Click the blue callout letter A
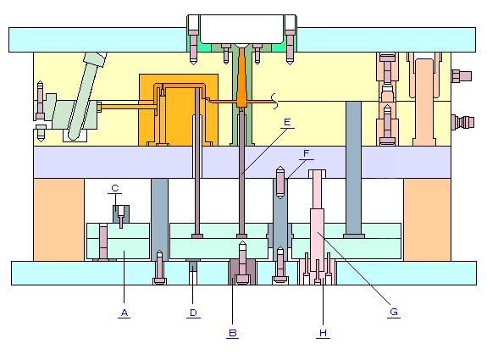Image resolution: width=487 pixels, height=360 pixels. pyautogui.click(x=125, y=313)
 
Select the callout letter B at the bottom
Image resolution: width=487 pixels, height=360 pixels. pyautogui.click(x=233, y=333)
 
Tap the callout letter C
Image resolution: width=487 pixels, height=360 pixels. pyautogui.click(x=115, y=188)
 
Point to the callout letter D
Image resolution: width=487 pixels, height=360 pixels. pyautogui.click(x=193, y=313)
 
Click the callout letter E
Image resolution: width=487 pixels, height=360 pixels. pyautogui.click(x=287, y=122)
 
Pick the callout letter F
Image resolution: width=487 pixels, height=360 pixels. pyautogui.click(x=307, y=153)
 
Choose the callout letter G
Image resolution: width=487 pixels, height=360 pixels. pyautogui.click(x=394, y=312)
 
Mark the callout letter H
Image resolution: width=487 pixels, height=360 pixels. pyautogui.click(x=323, y=333)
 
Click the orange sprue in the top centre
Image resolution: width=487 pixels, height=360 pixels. pyautogui.click(x=241, y=78)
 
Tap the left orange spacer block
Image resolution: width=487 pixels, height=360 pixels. pyautogui.click(x=58, y=219)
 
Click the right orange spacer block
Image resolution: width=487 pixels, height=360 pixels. pyautogui.click(x=428, y=219)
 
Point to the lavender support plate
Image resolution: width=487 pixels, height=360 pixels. pyautogui.click(x=242, y=162)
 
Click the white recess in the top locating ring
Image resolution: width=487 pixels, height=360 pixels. pyautogui.click(x=241, y=29)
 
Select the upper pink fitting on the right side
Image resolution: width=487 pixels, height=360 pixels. pyautogui.click(x=462, y=76)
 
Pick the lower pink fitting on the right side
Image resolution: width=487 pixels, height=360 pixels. pyautogui.click(x=462, y=122)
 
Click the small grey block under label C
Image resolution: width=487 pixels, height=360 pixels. pyautogui.click(x=121, y=214)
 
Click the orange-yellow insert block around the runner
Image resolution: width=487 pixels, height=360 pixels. pyautogui.click(x=179, y=110)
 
